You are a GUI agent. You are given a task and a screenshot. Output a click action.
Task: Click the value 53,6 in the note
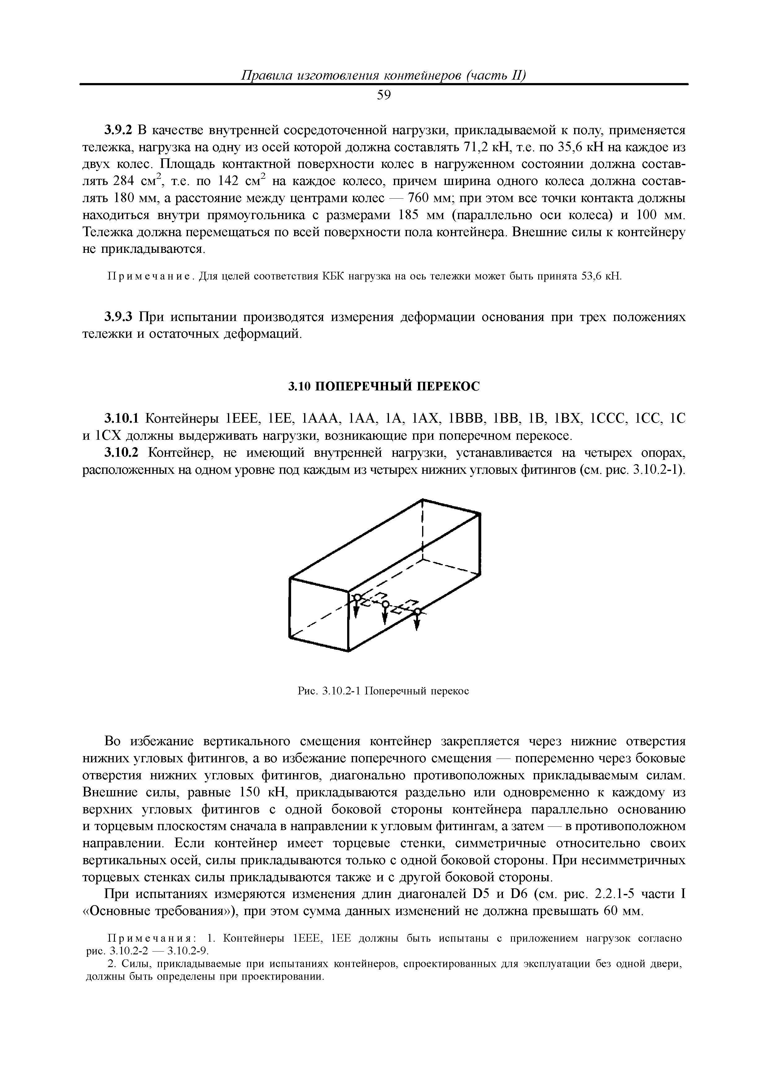click(590, 276)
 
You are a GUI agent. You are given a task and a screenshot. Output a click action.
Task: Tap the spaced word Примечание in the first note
click(147, 276)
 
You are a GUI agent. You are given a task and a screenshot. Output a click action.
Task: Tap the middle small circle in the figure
click(385, 604)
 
